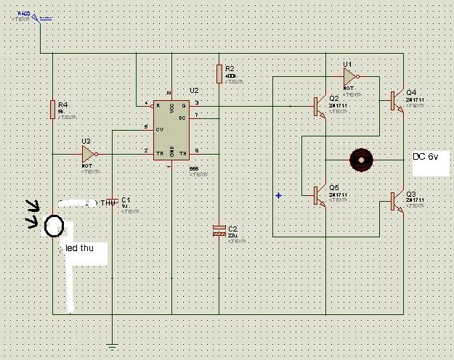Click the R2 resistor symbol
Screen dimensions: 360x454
pyautogui.click(x=219, y=73)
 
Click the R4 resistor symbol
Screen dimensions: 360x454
pyautogui.click(x=52, y=109)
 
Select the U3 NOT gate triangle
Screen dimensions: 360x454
pyautogui.click(x=89, y=154)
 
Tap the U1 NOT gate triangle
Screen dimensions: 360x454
pyautogui.click(x=350, y=76)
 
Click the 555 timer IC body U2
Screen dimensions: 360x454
pyautogui.click(x=172, y=131)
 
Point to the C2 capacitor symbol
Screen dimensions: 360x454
pyautogui.click(x=219, y=230)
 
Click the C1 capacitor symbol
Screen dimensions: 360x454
pyautogui.click(x=113, y=201)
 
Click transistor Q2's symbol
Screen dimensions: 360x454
pyautogui.click(x=320, y=106)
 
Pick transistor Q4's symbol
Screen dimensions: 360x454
pyautogui.click(x=396, y=101)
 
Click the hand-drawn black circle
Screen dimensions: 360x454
pyautogui.click(x=53, y=226)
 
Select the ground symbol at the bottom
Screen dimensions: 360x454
pyautogui.click(x=113, y=346)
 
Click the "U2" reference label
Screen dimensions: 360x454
pyautogui.click(x=194, y=91)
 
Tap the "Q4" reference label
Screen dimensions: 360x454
pyautogui.click(x=411, y=92)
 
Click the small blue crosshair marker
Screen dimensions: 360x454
pyautogui.click(x=279, y=195)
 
